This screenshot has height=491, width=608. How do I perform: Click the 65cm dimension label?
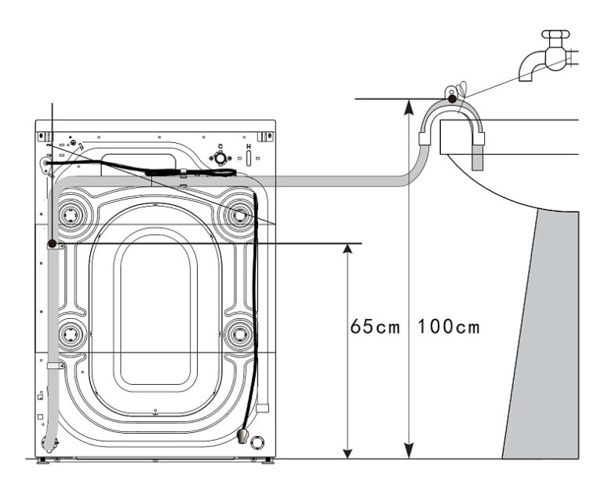pyautogui.click(x=374, y=327)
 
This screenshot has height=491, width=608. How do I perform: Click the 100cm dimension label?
pyautogui.click(x=449, y=327)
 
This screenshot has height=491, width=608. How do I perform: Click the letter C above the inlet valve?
pyautogui.click(x=220, y=146)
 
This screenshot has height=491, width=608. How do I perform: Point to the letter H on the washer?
pyautogui.click(x=249, y=146)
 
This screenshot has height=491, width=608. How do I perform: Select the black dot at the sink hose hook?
pyautogui.click(x=452, y=99)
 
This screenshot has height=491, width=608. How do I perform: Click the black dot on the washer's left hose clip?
pyautogui.click(x=52, y=244)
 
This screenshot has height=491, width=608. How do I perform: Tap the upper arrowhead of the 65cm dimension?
pyautogui.click(x=348, y=249)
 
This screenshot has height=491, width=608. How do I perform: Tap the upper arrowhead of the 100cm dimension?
pyautogui.click(x=408, y=107)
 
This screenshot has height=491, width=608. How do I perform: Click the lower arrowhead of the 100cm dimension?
pyautogui.click(x=408, y=452)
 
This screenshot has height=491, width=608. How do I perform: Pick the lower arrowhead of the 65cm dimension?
pyautogui.click(x=348, y=454)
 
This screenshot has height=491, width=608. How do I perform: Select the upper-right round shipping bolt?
pyautogui.click(x=238, y=214)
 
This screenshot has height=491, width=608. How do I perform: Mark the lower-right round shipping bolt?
pyautogui.click(x=238, y=334)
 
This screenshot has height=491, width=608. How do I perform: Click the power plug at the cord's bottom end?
pyautogui.click(x=242, y=435)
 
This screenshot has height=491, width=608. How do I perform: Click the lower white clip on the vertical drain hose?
pyautogui.click(x=55, y=365)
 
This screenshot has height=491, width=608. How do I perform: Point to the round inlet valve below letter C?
pyautogui.click(x=220, y=158)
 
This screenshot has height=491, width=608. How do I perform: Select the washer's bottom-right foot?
pyautogui.click(x=268, y=460)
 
